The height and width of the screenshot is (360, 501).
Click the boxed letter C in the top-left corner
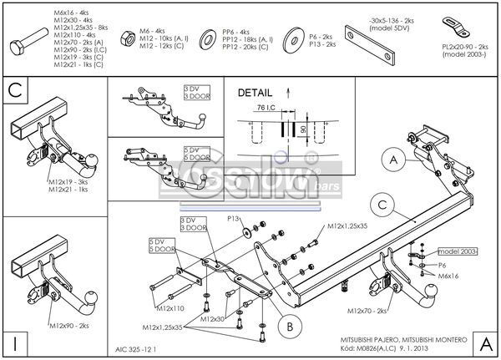[15, 89]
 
